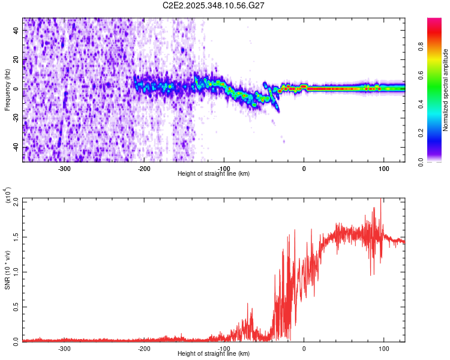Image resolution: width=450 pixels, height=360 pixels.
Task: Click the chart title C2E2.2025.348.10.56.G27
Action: coord(214,5)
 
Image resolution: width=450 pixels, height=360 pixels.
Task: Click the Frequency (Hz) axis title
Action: coord(7,89)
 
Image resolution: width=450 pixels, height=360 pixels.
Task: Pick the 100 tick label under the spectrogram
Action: coord(383,167)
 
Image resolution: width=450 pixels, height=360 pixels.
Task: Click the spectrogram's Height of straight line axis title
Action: coord(214,173)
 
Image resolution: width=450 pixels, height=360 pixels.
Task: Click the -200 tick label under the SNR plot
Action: coord(144,347)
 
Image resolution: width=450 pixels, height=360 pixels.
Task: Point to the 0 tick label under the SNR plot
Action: coord(304,347)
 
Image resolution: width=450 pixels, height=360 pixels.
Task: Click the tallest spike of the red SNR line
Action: coord(380,200)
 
